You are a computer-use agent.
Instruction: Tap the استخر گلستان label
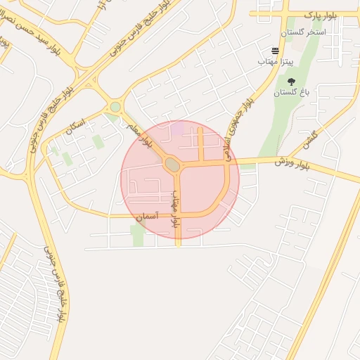tap(303, 32)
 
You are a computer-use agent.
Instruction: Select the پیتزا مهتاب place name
tap(259, 63)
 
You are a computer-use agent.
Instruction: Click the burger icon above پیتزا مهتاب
tap(275, 51)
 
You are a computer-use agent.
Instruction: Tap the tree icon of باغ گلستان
tap(291, 82)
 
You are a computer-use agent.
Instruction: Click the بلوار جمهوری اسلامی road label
tap(236, 125)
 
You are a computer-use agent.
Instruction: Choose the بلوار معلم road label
tap(139, 134)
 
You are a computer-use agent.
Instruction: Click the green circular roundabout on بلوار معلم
tap(115, 107)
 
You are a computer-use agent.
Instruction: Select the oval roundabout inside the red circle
tap(172, 165)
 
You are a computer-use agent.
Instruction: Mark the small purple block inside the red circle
tap(177, 128)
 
